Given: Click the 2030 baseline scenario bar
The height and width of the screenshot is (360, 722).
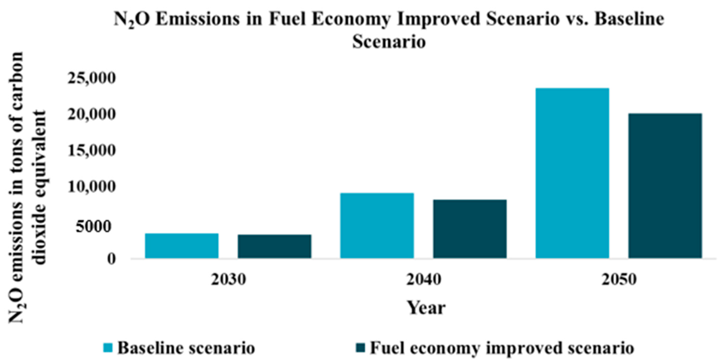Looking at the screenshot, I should tap(182, 246).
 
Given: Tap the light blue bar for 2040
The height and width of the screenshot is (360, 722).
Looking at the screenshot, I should tap(377, 225).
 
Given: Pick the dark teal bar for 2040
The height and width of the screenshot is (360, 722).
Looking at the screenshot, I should tap(470, 229).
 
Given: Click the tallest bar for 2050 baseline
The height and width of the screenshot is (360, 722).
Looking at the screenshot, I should tap(572, 173).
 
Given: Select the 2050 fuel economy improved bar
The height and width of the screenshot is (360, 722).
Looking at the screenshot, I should tap(665, 186).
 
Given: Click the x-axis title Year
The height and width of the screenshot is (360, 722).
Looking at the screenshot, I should tap(426, 308).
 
